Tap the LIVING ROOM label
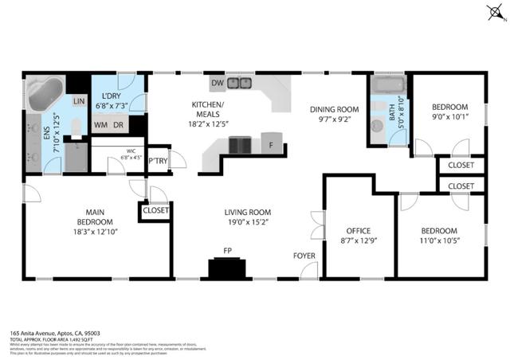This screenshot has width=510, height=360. pyautogui.click(x=247, y=213)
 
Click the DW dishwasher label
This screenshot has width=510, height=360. pyautogui.click(x=217, y=83)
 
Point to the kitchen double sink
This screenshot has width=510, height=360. pyautogui.click(x=240, y=83)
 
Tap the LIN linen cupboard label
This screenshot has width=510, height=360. pyautogui.click(x=79, y=102)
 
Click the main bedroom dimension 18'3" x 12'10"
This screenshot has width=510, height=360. pyautogui.click(x=96, y=233)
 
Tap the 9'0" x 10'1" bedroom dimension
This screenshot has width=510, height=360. pyautogui.click(x=450, y=118)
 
